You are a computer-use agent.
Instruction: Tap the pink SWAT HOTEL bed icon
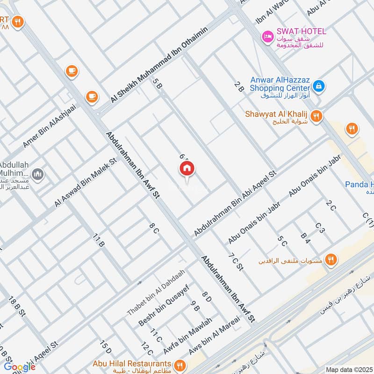(x=267, y=36)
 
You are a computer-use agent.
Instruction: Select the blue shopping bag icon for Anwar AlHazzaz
(x=318, y=86)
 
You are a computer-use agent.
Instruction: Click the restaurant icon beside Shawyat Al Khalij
(x=316, y=115)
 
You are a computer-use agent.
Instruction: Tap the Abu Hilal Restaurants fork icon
(x=179, y=365)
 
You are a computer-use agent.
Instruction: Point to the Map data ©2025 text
(x=348, y=369)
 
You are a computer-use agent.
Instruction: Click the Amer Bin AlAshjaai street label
(x=49, y=127)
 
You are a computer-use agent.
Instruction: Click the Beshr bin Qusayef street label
(x=163, y=305)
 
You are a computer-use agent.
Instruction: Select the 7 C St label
(x=236, y=262)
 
